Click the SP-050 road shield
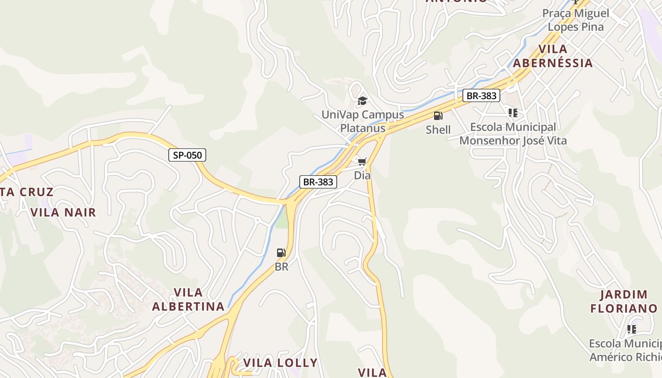[187, 155]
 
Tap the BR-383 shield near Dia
[318, 182]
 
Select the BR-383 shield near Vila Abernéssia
[481, 96]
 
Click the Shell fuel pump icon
[438, 116]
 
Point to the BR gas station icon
[281, 253]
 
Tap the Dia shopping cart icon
[362, 163]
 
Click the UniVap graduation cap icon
[362, 101]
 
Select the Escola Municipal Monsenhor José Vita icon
[513, 113]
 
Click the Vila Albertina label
[188, 299]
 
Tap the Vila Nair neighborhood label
[63, 213]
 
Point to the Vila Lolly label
[280, 363]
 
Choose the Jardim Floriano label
[624, 301]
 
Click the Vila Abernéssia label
[553, 56]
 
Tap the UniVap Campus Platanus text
[363, 121]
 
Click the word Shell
[438, 129]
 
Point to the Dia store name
[362, 175]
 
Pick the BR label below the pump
[281, 266]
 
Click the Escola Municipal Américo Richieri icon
[631, 329]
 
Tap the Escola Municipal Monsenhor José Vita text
[513, 134]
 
